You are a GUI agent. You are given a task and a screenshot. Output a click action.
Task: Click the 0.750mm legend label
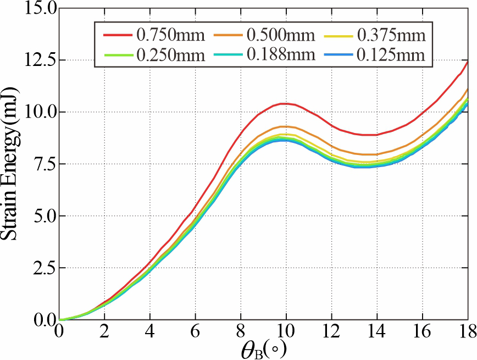tap(171, 36)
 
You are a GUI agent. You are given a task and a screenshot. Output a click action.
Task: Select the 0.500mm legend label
tap(281, 36)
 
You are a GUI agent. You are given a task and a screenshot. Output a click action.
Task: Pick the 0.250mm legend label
tap(171, 55)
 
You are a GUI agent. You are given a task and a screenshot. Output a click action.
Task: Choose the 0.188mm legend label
tap(281, 55)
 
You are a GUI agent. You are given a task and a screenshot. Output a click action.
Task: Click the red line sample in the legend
tap(118, 36)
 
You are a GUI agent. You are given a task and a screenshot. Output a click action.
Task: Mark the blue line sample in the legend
tap(338, 55)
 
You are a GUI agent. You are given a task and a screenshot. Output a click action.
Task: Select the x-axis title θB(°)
tap(263, 348)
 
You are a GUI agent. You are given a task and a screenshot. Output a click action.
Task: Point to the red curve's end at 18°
tap(468, 61)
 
